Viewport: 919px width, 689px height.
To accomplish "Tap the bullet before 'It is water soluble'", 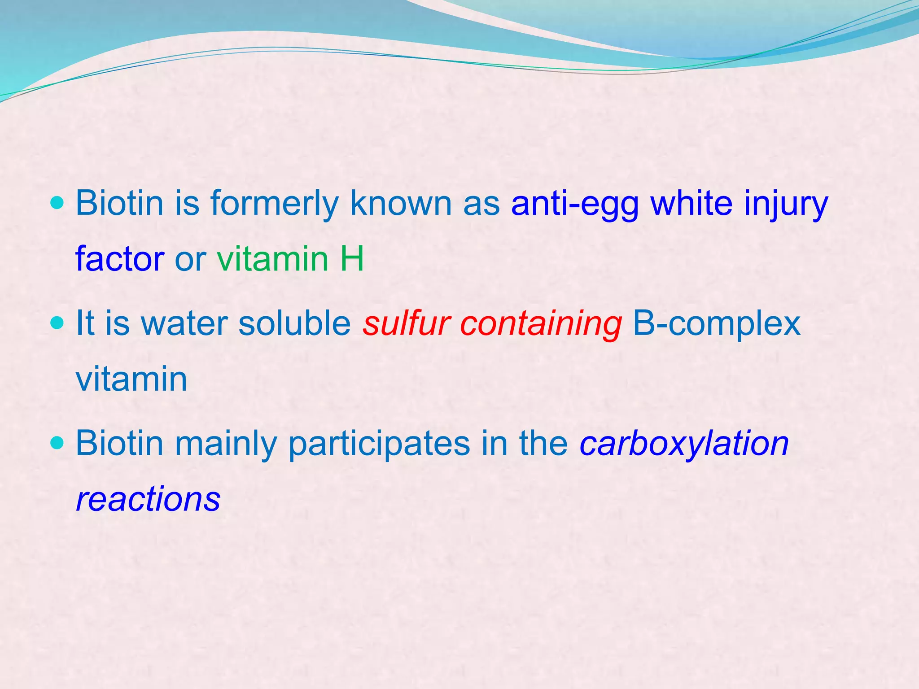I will pyautogui.click(x=57, y=323).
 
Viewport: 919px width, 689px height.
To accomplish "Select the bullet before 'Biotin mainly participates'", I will pyautogui.click(x=57, y=443).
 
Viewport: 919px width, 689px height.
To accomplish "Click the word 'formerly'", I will pyautogui.click(x=275, y=204).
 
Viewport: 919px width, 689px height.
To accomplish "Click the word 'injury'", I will pyautogui.click(x=786, y=204).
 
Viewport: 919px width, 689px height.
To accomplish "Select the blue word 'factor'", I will pyautogui.click(x=120, y=259).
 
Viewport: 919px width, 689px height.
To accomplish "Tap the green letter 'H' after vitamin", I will pyautogui.click(x=352, y=259).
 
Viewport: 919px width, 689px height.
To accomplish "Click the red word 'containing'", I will pyautogui.click(x=541, y=324).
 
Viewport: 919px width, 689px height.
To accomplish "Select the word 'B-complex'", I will pyautogui.click(x=716, y=324).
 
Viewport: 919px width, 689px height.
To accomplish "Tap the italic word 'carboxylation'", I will pyautogui.click(x=684, y=444).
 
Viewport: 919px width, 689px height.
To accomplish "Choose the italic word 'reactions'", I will pyautogui.click(x=148, y=499).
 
